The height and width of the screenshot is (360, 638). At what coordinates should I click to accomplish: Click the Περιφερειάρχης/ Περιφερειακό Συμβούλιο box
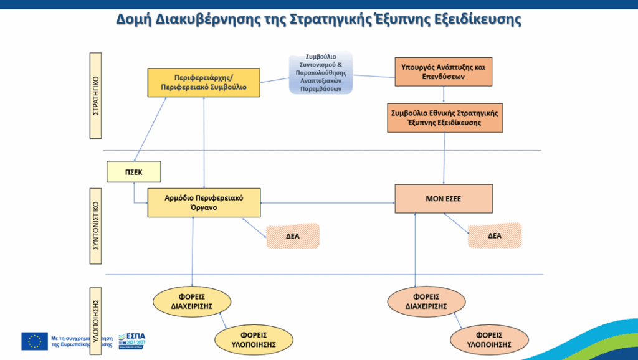(203, 83)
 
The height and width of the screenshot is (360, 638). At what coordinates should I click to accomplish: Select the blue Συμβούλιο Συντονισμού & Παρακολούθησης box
(320, 73)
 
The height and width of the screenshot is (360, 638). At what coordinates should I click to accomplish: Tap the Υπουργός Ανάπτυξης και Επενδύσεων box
(444, 72)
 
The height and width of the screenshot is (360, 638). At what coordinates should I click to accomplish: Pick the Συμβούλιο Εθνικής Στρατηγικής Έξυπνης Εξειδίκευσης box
(444, 118)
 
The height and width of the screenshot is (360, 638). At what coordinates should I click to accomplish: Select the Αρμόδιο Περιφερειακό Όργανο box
(204, 202)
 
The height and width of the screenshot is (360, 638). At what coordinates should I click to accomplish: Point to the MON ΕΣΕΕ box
(444, 199)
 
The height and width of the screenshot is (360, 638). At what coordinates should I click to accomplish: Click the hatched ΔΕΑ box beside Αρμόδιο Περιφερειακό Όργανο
(293, 236)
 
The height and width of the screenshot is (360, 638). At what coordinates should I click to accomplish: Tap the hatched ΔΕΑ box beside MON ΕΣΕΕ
(495, 235)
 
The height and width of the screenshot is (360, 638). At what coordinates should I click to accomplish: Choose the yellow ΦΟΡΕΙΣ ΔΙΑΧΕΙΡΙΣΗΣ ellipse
(192, 301)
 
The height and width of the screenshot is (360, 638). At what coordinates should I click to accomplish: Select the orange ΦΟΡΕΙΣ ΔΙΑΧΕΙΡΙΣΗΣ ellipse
(427, 301)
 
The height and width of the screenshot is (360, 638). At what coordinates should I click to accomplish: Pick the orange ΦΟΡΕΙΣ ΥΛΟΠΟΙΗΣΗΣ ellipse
(489, 339)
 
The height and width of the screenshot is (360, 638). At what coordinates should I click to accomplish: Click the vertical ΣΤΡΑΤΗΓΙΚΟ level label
(96, 95)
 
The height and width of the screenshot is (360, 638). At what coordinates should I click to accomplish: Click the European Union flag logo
(34, 341)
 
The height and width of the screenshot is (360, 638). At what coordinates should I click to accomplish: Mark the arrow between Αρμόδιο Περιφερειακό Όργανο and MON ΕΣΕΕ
(328, 203)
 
